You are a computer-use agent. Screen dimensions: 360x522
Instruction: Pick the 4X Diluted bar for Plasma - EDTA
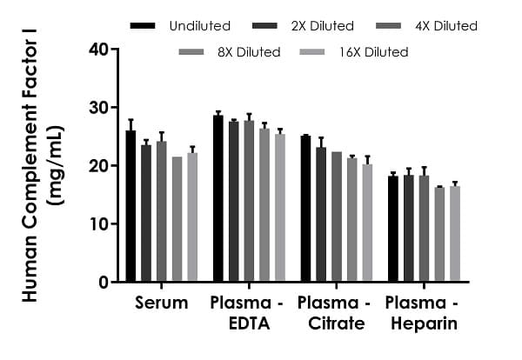point(249,201)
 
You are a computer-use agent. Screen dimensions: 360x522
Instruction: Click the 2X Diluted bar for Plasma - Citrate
point(321,214)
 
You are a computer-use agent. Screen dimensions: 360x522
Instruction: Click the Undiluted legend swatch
point(143,26)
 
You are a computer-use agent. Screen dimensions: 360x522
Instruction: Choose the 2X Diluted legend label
point(322,26)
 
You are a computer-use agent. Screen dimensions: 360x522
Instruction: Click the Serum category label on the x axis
point(161,303)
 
